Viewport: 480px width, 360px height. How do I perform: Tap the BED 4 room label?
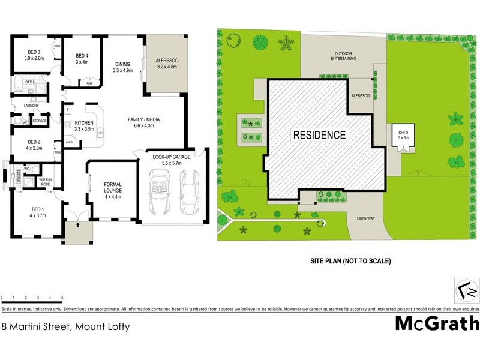(82, 58)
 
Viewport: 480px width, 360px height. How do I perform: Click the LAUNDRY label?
(31, 106)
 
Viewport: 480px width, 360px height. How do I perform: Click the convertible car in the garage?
(161, 192)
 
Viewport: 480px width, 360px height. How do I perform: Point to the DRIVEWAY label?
(365, 218)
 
